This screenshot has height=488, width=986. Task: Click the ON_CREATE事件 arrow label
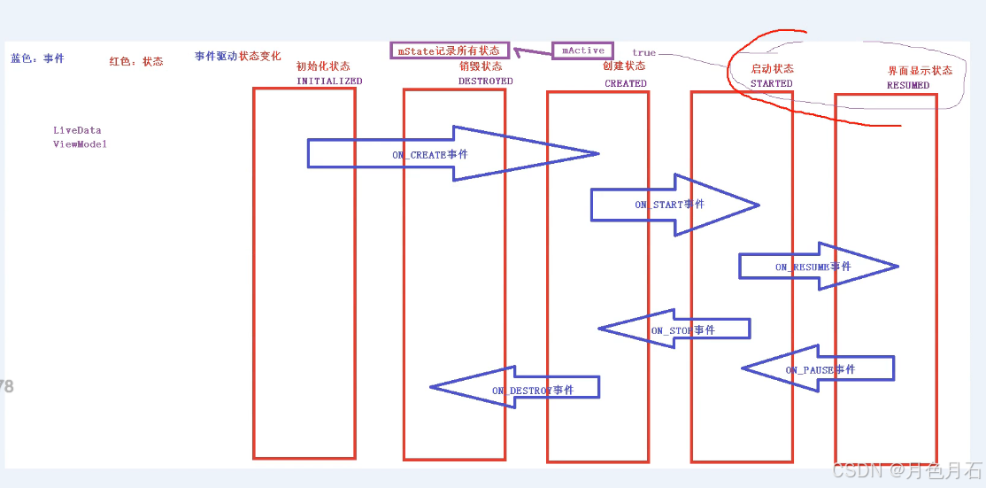coord(430,155)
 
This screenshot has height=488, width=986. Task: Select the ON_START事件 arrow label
coord(669,205)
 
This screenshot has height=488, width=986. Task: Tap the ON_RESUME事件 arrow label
coord(813,267)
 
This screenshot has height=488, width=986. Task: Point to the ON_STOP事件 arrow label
coord(682,330)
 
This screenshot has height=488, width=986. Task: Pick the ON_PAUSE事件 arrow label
coord(820,369)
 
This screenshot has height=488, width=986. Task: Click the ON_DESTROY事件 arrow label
coord(532,390)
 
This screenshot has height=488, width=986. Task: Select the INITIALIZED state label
coord(329,81)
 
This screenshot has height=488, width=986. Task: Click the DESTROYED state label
coord(485,81)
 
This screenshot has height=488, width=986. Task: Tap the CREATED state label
coord(626,83)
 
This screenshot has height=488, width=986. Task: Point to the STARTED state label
coord(772,83)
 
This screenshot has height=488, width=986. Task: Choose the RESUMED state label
coord(908,85)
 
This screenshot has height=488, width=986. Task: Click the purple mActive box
coord(582,50)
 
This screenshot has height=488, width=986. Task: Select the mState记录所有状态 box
coord(450,50)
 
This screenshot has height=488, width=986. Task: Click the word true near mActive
coord(643,53)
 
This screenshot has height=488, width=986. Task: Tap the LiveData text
coord(77,130)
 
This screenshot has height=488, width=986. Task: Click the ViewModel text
coord(80,144)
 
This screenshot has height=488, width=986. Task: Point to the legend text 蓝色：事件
coord(37,59)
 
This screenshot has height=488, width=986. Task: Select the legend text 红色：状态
coord(136,61)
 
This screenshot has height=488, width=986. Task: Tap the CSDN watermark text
coord(907,469)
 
